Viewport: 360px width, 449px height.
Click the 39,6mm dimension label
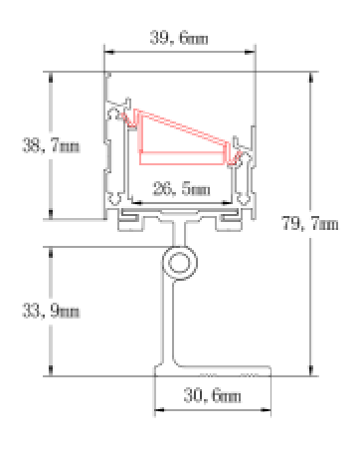tap(179, 38)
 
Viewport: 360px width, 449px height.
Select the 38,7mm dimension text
tap(51, 145)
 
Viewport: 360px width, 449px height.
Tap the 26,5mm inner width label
tap(181, 188)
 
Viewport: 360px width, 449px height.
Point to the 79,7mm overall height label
tap(310, 223)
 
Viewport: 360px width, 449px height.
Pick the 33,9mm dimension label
tap(51, 311)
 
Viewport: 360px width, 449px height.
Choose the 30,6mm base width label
tap(212, 395)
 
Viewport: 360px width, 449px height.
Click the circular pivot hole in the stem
tap(180, 263)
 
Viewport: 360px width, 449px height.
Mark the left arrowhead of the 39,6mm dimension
tap(109, 52)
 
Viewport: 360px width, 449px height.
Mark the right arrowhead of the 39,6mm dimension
tap(250, 52)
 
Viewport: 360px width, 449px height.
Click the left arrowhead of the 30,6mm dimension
tap(160, 410)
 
